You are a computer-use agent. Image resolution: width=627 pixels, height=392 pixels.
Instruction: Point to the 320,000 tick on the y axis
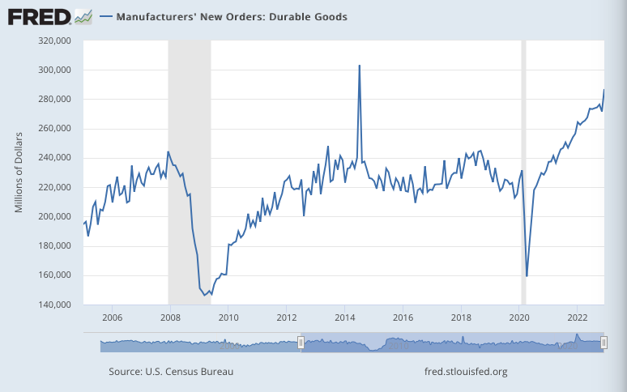[56, 40]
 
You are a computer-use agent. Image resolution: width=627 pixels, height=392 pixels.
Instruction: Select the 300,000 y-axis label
[56, 70]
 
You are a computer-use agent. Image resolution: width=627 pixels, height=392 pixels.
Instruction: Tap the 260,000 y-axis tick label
[56, 129]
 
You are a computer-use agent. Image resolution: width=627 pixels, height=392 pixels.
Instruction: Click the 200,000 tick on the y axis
[56, 217]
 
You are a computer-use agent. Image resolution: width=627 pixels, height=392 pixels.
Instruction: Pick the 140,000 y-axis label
[56, 305]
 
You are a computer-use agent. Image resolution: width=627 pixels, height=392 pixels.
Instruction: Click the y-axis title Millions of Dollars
[19, 173]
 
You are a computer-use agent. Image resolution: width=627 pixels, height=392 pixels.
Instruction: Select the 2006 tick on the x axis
[112, 317]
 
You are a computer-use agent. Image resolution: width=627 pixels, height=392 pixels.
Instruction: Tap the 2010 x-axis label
[228, 317]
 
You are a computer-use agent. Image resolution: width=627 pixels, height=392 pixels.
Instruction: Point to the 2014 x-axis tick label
[345, 317]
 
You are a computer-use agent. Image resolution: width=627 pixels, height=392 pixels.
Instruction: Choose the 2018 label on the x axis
[461, 317]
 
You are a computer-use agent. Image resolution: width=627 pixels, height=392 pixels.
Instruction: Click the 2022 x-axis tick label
[578, 317]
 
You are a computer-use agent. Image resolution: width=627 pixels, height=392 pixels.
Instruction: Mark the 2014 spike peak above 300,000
[360, 66]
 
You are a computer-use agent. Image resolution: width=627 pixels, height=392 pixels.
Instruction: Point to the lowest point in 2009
[205, 295]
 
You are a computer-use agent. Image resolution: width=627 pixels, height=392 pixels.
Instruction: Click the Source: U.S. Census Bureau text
[170, 372]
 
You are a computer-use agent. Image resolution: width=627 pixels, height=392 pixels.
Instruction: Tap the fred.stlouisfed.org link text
[465, 372]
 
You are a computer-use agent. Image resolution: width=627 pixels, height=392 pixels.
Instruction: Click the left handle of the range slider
[301, 343]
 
